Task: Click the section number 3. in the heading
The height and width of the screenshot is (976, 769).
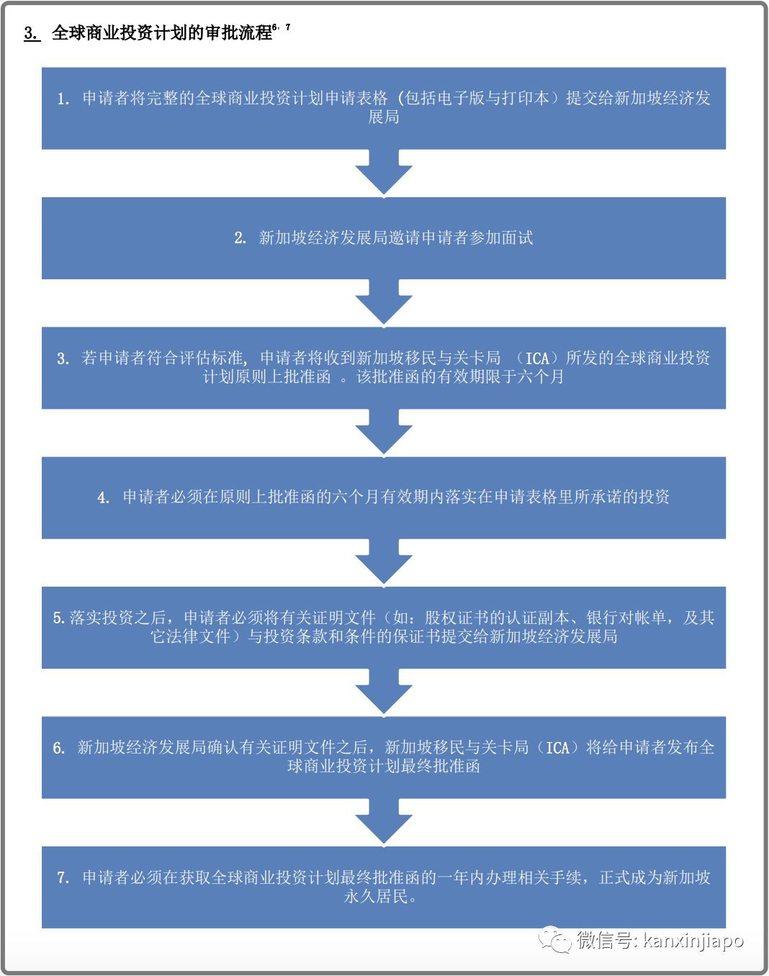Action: tap(32, 33)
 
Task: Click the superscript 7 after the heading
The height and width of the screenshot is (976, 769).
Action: tap(288, 27)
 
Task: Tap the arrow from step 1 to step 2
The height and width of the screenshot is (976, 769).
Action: tap(384, 173)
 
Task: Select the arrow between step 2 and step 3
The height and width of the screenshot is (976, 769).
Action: tap(384, 302)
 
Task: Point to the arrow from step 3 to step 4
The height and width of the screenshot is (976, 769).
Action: tap(384, 432)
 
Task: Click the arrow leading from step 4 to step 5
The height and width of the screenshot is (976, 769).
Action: tap(384, 561)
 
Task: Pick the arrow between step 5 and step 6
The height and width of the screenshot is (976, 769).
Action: tap(384, 691)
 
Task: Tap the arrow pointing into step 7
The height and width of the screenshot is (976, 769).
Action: tap(384, 821)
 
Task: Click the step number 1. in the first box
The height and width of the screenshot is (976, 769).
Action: tap(63, 99)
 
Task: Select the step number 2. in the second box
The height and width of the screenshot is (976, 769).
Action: tap(240, 238)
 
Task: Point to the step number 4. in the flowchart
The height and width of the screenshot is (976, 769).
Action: tap(104, 497)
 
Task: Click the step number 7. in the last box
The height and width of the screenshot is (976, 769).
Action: tap(63, 878)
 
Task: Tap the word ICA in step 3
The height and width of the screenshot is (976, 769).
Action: tap(537, 358)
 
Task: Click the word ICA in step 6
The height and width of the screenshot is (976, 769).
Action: tap(557, 748)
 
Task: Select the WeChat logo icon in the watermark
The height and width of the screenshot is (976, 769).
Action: tap(555, 940)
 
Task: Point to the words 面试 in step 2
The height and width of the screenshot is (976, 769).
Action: tap(517, 238)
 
